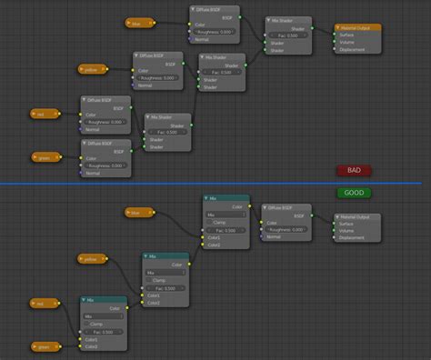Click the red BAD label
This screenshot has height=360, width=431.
click(354, 170)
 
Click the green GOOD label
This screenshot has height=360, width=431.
click(354, 193)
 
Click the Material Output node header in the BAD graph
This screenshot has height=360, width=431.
click(358, 28)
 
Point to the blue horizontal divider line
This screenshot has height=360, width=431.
click(215, 183)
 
